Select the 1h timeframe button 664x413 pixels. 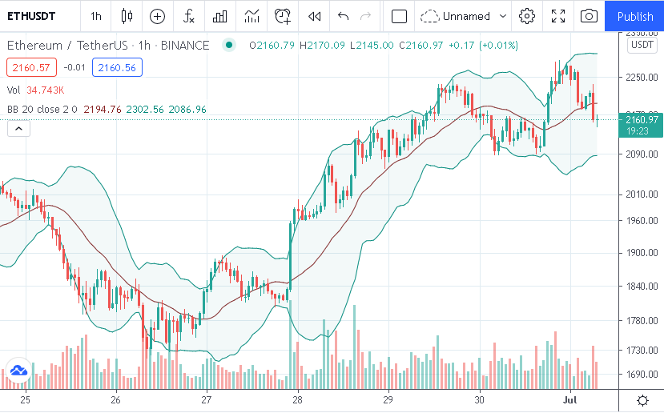click(96, 16)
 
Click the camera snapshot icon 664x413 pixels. click(589, 16)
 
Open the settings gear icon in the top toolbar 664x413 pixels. click(527, 16)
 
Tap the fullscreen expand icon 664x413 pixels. click(558, 16)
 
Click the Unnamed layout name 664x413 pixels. click(466, 16)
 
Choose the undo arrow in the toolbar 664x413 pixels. click(344, 16)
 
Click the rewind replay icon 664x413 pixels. click(315, 16)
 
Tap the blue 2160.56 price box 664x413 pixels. click(117, 68)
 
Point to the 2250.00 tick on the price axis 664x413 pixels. click(642, 78)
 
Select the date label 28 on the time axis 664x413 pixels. click(297, 399)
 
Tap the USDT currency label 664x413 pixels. click(642, 45)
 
